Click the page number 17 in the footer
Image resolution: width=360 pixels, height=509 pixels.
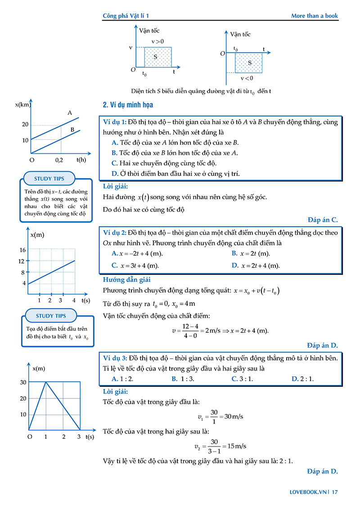tap(334, 492)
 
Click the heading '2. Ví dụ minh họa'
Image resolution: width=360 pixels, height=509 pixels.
tap(128, 105)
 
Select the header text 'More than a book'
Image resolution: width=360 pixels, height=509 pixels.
tap(314, 16)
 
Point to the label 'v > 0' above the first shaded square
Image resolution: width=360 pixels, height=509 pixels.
tap(157, 41)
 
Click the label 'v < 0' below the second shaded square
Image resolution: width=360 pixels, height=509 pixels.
tap(247, 78)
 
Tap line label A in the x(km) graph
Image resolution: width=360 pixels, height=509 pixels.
tap(70, 113)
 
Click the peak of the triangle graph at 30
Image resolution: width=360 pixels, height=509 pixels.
tap(46, 382)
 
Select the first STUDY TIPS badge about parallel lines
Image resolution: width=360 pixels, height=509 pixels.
tap(49, 179)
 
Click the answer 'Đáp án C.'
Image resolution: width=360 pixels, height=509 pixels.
tap(323, 220)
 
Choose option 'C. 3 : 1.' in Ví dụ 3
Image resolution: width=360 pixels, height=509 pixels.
tap(242, 379)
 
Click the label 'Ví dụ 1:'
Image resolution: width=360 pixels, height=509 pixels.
tap(115, 122)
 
